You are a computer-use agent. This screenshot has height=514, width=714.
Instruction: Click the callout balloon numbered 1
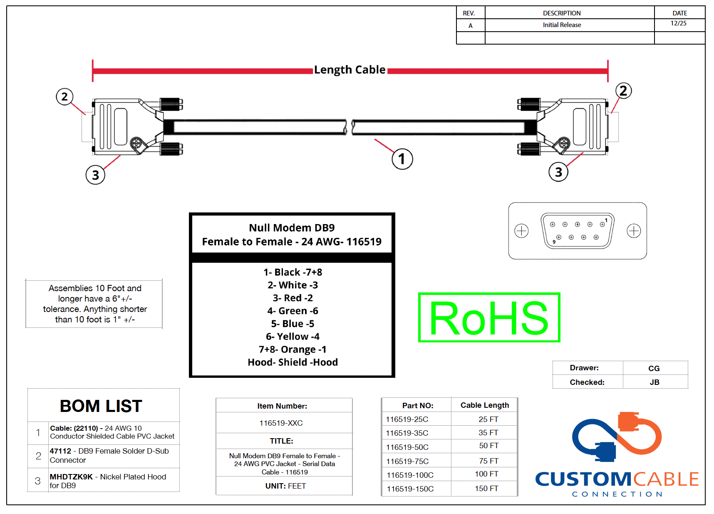point(402,159)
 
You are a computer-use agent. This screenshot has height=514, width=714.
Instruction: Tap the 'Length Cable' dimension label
point(350,70)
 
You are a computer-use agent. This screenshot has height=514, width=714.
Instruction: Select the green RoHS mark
point(489,317)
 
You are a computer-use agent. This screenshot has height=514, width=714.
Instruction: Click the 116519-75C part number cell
point(407,461)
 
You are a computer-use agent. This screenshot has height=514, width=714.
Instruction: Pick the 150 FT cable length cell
point(486,488)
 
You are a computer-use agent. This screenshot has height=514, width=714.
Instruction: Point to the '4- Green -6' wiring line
point(293,311)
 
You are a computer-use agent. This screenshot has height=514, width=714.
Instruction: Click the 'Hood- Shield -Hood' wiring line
point(293,362)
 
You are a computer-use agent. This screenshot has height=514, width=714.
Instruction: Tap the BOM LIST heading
point(101,406)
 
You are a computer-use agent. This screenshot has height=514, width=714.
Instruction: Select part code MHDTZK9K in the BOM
point(71,477)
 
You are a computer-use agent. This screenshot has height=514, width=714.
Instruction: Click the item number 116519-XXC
point(281,423)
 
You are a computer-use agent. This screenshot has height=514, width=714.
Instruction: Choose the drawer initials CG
point(654,368)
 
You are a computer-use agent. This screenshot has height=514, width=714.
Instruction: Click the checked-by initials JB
point(654,382)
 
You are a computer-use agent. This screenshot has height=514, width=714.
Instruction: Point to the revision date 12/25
point(679,23)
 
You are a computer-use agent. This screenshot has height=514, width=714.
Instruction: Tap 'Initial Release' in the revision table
point(562,25)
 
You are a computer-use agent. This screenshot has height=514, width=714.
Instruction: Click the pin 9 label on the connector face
point(554,242)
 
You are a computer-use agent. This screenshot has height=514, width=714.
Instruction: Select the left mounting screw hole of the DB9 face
point(521,231)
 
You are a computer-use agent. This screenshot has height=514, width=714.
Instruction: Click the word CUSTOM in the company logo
point(583,479)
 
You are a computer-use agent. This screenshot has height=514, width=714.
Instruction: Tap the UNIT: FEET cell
point(285,486)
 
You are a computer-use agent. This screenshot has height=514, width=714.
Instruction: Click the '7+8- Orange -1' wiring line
point(293,349)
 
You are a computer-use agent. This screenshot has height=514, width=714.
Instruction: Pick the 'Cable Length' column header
point(485,405)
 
